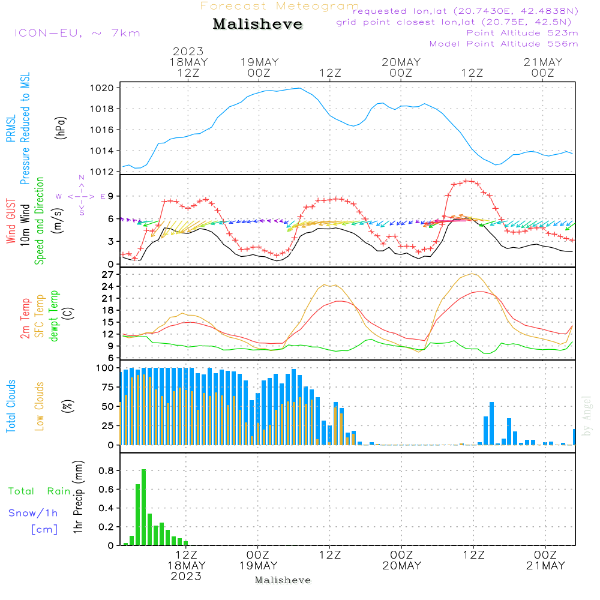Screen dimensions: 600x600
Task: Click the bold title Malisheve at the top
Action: click(257, 24)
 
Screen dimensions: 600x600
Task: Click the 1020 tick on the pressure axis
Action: click(106, 88)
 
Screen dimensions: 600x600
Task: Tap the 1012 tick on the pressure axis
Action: click(106, 172)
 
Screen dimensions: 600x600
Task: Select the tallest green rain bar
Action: click(143, 507)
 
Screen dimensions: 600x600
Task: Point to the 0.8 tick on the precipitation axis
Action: click(107, 470)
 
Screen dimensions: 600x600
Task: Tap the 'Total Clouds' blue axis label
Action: click(11, 406)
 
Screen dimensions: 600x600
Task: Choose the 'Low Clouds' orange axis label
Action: click(40, 406)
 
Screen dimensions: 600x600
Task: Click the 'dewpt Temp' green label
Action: click(55, 316)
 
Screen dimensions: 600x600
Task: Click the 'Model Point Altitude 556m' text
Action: click(503, 44)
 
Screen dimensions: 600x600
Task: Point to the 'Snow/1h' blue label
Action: click(33, 513)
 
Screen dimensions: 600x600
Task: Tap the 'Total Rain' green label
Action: click(39, 491)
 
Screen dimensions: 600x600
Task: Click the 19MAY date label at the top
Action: click(259, 62)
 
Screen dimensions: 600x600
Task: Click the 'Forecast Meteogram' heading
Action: click(280, 6)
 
